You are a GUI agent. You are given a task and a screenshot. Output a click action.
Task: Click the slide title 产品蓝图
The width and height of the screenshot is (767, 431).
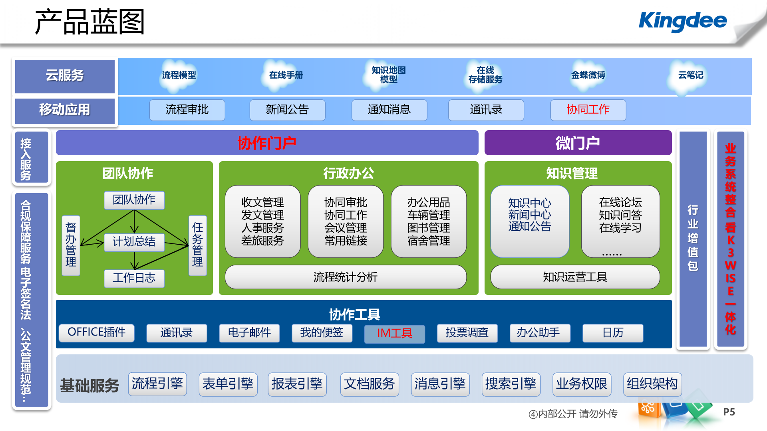(89, 22)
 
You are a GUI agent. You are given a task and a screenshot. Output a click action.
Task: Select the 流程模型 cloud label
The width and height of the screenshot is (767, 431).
(179, 75)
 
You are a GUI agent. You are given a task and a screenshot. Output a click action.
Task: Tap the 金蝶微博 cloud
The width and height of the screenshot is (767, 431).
(588, 75)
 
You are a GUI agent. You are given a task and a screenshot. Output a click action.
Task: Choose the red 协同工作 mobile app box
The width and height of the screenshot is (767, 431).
(588, 110)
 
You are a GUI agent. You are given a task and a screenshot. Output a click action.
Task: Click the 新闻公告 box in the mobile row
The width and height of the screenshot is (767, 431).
(287, 110)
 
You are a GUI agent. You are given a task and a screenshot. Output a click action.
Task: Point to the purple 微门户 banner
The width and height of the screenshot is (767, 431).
(578, 143)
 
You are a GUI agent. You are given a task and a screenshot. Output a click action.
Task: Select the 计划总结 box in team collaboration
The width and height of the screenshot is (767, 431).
(134, 242)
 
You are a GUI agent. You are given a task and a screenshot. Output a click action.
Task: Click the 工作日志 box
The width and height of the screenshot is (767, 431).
(134, 278)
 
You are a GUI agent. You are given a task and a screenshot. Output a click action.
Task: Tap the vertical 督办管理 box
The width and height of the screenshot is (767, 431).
(71, 245)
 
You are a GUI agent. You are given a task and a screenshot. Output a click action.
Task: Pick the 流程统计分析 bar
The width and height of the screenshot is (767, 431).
(346, 277)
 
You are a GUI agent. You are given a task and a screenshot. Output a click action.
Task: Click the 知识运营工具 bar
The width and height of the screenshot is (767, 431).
(575, 277)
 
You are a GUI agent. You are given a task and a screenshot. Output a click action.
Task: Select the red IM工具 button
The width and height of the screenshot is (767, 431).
(394, 333)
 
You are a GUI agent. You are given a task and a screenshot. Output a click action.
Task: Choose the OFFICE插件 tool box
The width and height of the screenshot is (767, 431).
(97, 332)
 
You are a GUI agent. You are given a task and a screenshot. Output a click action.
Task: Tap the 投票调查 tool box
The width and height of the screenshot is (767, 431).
(467, 332)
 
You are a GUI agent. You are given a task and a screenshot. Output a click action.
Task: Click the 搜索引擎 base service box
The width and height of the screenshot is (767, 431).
(511, 384)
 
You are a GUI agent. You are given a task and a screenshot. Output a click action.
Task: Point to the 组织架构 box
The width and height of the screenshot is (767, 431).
(652, 384)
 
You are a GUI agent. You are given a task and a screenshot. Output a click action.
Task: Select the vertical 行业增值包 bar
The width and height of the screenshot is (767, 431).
(693, 239)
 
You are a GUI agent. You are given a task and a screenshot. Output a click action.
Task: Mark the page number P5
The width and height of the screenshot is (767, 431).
(729, 412)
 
